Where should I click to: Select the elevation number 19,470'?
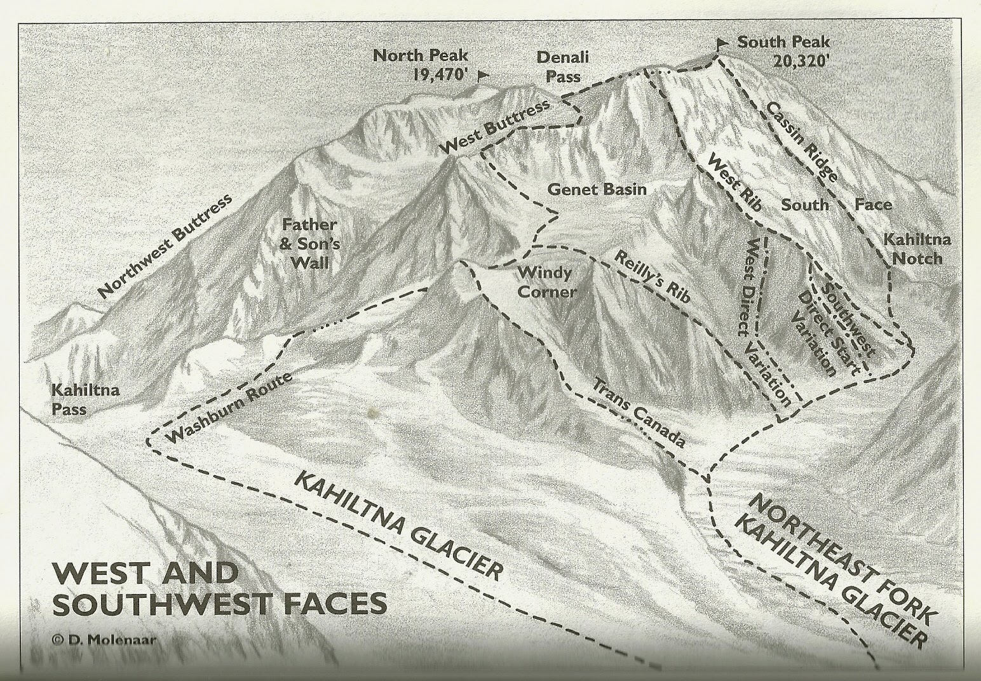click(x=440, y=74)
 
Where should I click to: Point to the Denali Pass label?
click(x=562, y=66)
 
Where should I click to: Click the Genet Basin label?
click(x=597, y=189)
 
